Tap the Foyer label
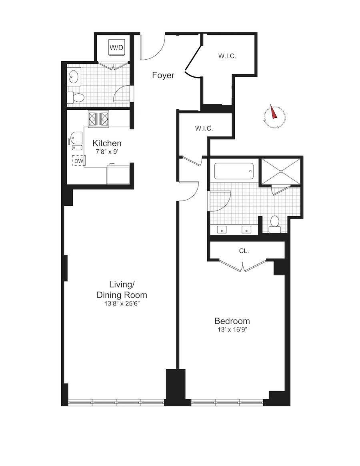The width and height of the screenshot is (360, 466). (x=163, y=75)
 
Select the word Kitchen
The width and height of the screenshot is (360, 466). (x=107, y=143)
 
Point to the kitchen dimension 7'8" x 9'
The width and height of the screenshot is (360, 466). (x=107, y=152)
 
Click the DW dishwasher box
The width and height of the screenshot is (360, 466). (x=78, y=161)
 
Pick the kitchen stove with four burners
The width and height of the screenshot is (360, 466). (x=99, y=118)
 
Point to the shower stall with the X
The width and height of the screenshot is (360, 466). (x=280, y=171)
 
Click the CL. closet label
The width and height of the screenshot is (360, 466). (x=244, y=251)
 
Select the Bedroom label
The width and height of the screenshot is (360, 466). (x=232, y=321)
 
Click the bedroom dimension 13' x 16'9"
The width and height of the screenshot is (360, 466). (x=232, y=330)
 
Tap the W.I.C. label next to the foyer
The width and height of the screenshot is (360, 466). (x=227, y=56)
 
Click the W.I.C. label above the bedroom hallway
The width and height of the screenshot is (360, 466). (x=204, y=129)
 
